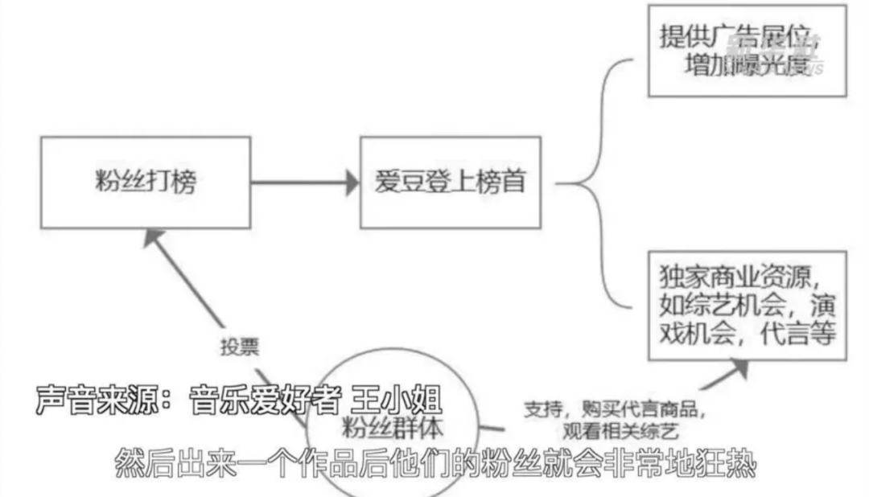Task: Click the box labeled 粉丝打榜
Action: tap(145, 182)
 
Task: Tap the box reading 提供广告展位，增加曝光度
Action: tap(748, 50)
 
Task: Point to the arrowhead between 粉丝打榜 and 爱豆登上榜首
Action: tap(350, 183)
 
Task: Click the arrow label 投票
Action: tap(240, 347)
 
